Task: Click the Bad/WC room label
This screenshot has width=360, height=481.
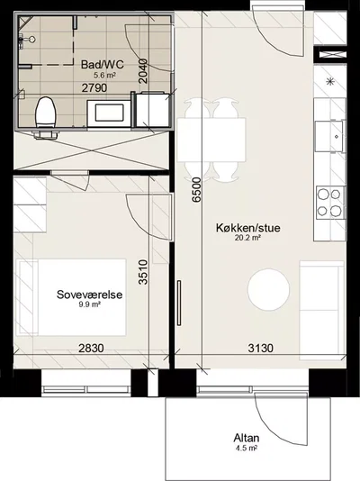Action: click(103, 65)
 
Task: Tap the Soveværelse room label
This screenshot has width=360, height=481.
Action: click(89, 295)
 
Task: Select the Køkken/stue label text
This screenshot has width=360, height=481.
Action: click(248, 228)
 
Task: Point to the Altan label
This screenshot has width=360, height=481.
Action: click(247, 438)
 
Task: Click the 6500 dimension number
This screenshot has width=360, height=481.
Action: click(196, 189)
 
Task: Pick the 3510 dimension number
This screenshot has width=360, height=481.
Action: click(143, 272)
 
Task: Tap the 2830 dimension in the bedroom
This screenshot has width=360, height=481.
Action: click(91, 349)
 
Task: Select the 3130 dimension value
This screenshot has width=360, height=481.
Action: click(260, 349)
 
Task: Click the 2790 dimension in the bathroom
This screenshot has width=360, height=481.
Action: click(94, 88)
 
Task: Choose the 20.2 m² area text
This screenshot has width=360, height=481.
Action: click(247, 237)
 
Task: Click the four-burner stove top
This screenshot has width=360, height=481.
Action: click(329, 202)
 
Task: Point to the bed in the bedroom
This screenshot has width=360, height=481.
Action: click(72, 297)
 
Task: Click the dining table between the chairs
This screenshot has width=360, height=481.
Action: click(211, 140)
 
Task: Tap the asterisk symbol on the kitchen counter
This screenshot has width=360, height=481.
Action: click(330, 82)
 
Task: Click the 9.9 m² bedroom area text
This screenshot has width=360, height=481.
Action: click(89, 304)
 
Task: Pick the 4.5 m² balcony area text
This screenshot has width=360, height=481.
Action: click(247, 448)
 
